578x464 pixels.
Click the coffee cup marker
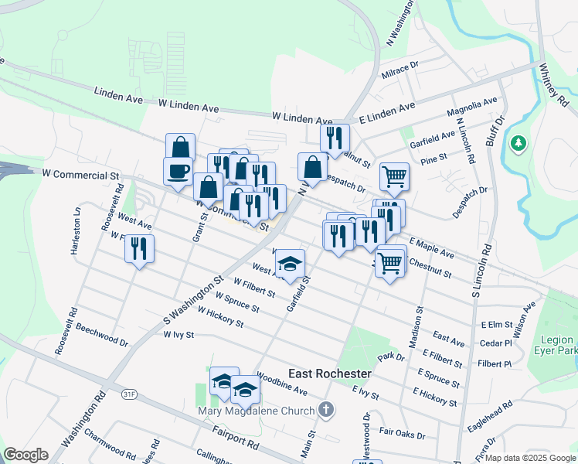click(178, 172)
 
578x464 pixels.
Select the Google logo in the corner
click(25, 454)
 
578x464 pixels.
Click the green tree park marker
click(518, 144)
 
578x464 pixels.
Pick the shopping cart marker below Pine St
click(394, 177)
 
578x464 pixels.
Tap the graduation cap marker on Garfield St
click(290, 264)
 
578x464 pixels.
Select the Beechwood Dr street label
click(102, 334)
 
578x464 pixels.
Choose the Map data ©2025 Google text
click(529, 458)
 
